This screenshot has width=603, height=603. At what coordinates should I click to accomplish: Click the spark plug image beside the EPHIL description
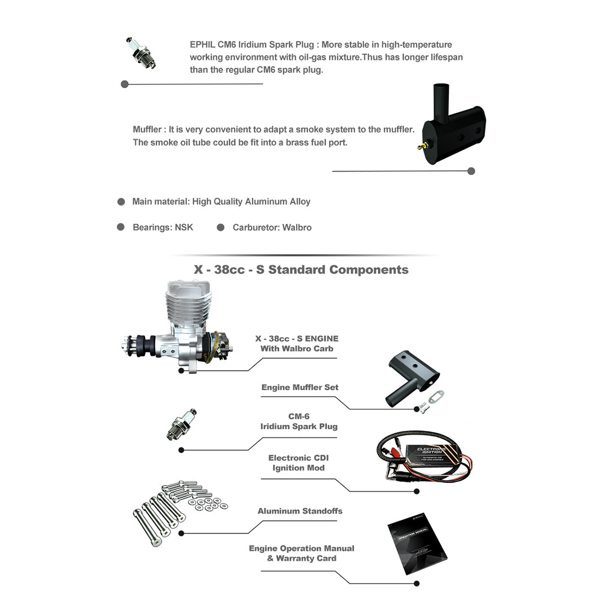141,53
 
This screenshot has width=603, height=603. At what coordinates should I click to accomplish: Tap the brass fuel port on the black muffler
419,146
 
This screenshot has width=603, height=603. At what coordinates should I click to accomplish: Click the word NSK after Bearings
184,227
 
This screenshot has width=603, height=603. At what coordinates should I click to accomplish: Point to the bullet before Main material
121,202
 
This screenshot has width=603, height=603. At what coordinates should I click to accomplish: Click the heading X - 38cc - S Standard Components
301,270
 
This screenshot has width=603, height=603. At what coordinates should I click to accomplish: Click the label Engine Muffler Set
300,388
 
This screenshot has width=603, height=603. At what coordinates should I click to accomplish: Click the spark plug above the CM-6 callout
181,424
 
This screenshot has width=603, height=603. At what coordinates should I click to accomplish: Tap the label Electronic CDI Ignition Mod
299,463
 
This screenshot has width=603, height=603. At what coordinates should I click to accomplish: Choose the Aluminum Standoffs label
300,511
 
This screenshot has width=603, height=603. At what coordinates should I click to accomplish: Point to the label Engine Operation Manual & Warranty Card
301,553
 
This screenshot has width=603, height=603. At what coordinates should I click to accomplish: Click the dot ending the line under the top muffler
471,171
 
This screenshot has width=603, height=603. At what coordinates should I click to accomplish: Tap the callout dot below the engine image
181,371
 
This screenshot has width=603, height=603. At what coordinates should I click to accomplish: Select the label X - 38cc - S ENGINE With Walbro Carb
297,344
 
